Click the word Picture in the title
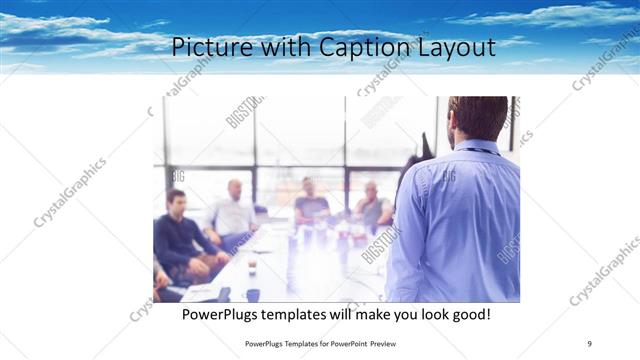pos(203,46)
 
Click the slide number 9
pos(589,343)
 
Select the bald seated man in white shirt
pos(233,210)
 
